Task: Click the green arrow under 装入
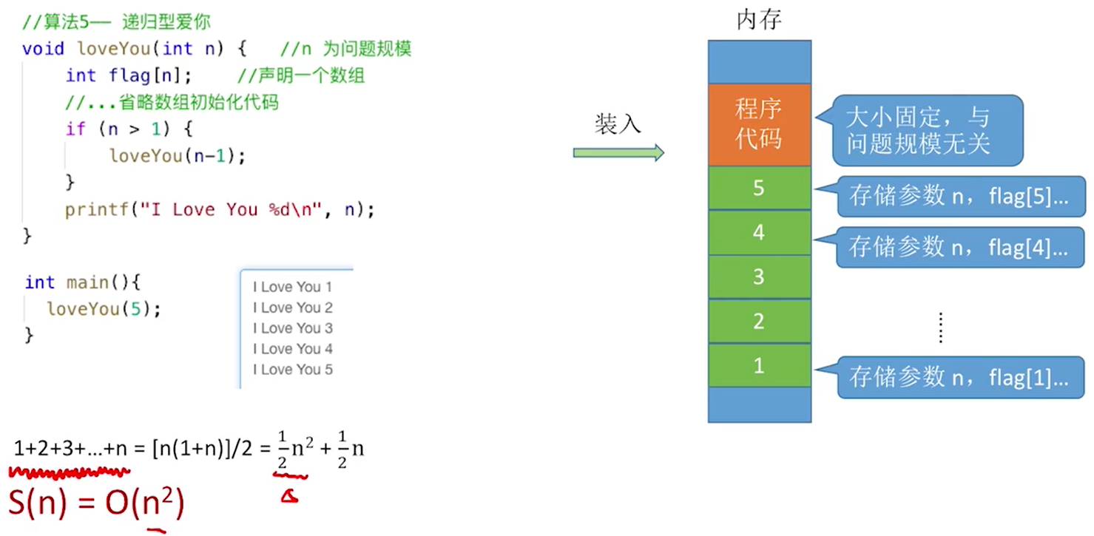point(618,152)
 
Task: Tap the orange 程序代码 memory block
point(759,124)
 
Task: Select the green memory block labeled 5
point(759,188)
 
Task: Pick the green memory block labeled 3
point(759,277)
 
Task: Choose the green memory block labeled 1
point(759,365)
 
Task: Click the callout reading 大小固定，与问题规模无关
point(928,130)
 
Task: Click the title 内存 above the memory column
point(759,20)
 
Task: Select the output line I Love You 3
point(292,328)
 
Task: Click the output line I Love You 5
point(292,370)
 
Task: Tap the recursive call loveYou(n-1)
point(176,156)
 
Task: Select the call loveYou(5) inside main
point(104,308)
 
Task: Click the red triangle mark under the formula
point(289,497)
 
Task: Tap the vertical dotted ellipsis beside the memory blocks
point(941,328)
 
